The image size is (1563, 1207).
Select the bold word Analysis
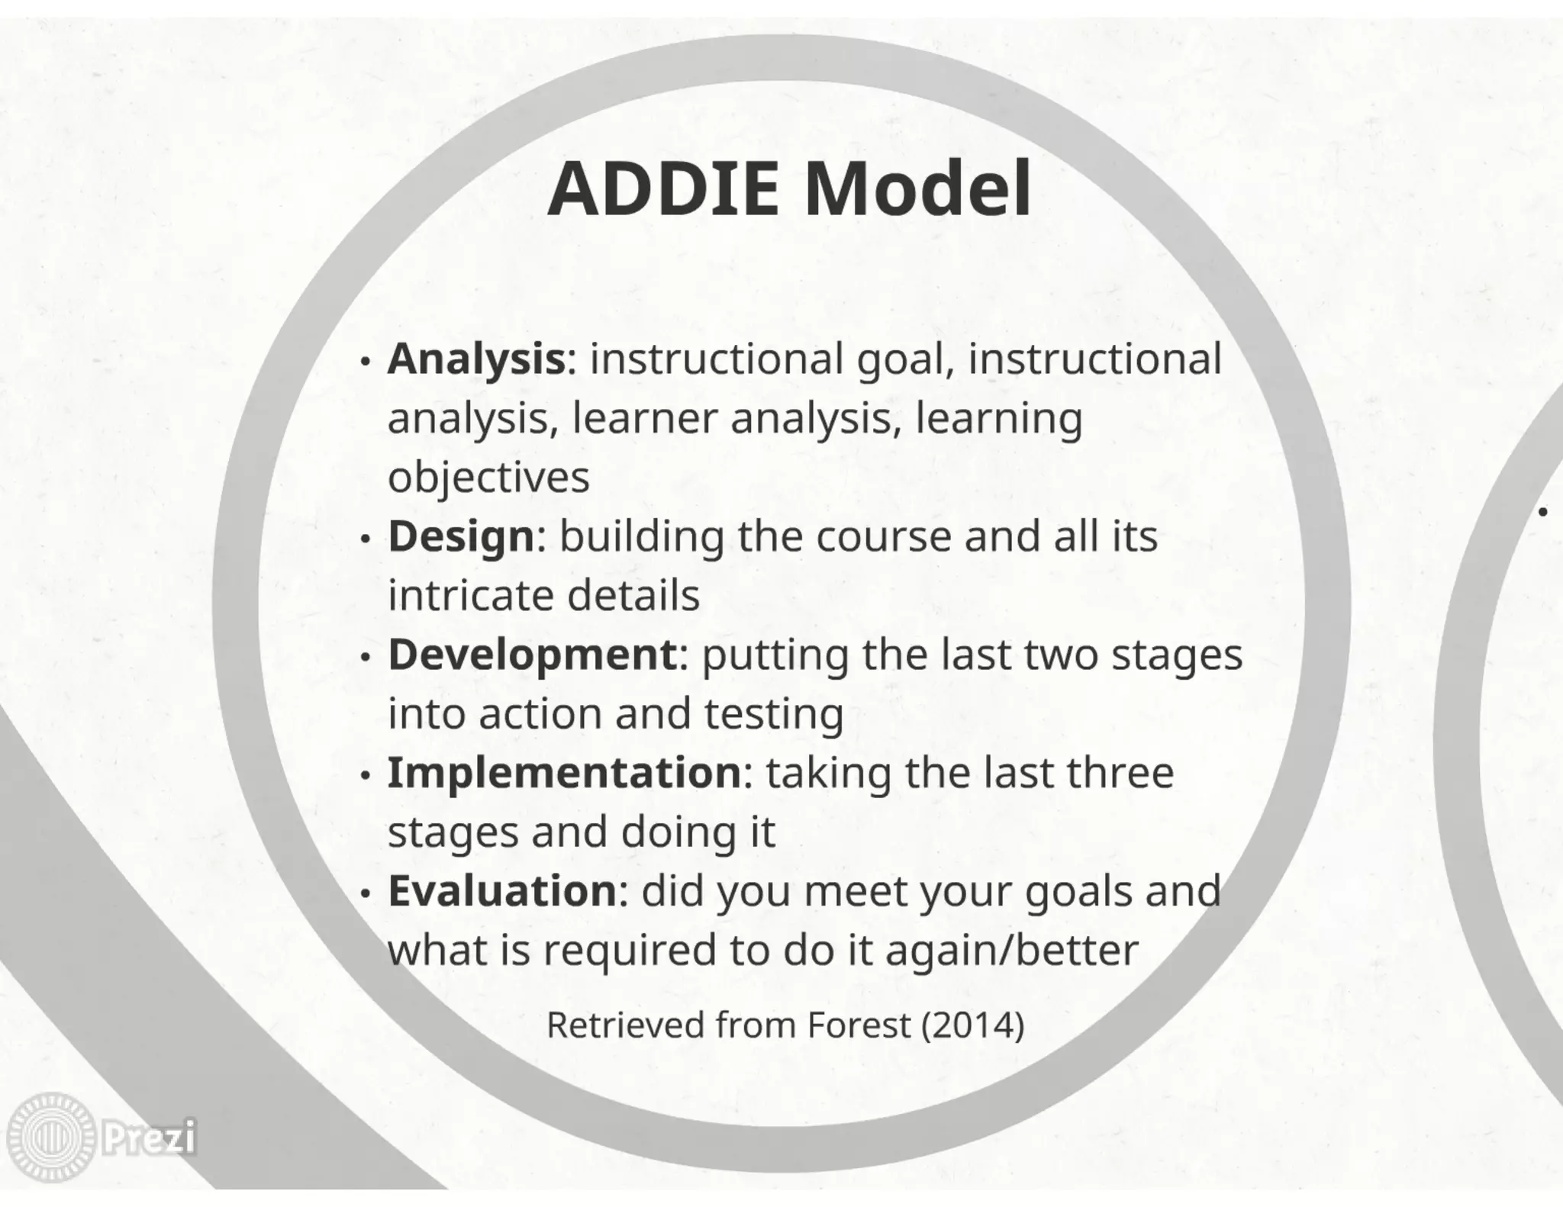coord(476,359)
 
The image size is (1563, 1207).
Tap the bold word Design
coord(461,536)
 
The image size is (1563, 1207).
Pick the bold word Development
coord(532,655)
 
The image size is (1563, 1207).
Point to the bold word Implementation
coord(564,773)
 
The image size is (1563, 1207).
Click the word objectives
coord(488,478)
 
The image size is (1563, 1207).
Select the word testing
coord(773,714)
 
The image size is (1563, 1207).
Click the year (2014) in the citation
coord(972,1025)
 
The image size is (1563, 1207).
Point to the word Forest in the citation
coord(859,1025)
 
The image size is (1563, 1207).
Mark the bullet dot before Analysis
coord(366,361)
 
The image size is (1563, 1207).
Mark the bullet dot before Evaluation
coord(366,893)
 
